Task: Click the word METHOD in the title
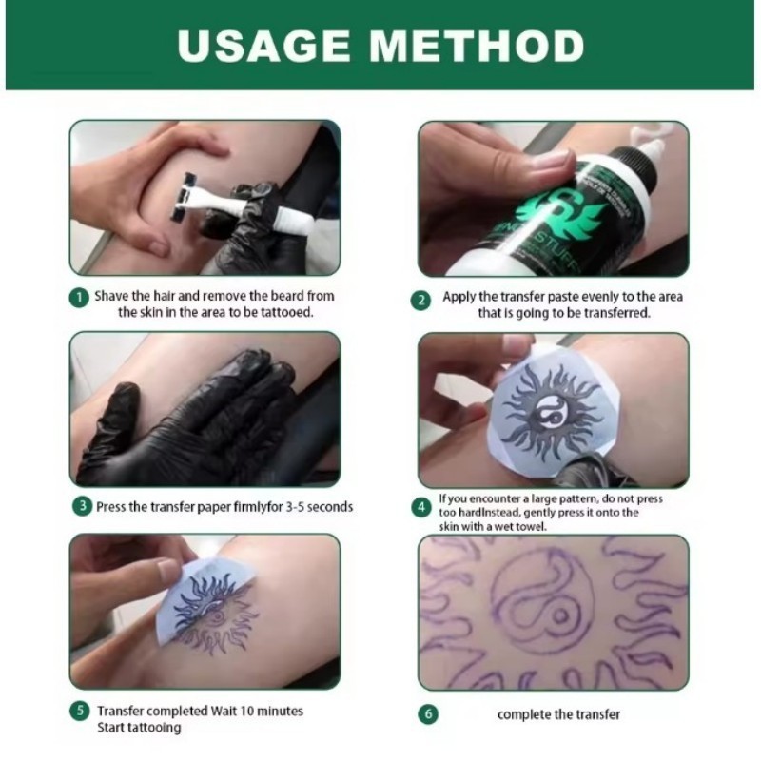pyautogui.click(x=480, y=45)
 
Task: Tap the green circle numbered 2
pyautogui.click(x=420, y=300)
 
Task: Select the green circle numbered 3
pyautogui.click(x=81, y=506)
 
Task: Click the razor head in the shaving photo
pyautogui.click(x=181, y=196)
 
